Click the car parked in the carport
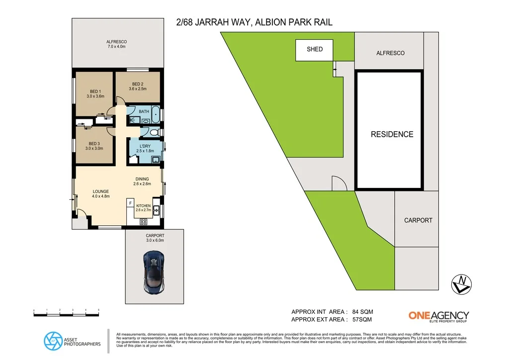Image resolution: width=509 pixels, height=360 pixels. [x=154, y=271]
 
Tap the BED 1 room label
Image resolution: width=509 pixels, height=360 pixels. [x=95, y=94]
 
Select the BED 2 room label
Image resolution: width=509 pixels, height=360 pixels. [x=138, y=86]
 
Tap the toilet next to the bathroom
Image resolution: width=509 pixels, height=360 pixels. [x=154, y=132]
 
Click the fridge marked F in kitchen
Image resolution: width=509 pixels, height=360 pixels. [x=130, y=203]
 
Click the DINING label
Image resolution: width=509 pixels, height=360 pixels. [x=141, y=181]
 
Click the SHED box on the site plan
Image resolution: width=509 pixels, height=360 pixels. [x=315, y=49]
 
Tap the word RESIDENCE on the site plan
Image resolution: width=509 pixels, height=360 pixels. [x=392, y=134]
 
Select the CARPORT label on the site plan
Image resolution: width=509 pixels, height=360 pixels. [x=418, y=220]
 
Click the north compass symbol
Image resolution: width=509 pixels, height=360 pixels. [x=462, y=283]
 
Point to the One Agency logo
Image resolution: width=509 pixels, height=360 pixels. [x=438, y=315]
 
